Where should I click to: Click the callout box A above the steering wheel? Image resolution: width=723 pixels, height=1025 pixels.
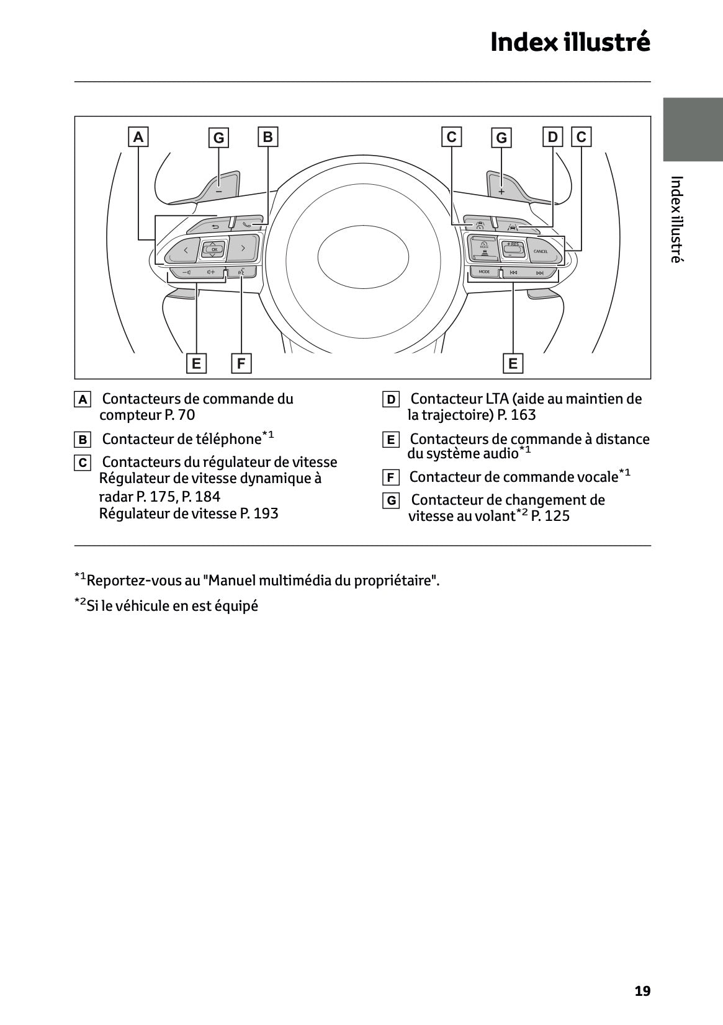pos(138,136)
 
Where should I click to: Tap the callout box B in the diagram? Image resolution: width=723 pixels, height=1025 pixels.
pos(267,136)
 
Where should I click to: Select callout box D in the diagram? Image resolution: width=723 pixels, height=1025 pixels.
pos(552,136)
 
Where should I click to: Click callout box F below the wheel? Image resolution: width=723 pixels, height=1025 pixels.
pos(241,363)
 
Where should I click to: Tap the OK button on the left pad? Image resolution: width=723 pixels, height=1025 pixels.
pos(213,249)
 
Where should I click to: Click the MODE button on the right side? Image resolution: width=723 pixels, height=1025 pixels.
pos(484,272)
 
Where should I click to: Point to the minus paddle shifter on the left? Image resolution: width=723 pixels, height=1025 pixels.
pos(219,188)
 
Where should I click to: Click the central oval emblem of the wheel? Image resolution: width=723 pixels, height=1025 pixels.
pos(363,255)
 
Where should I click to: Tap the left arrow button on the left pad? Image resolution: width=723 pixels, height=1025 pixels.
pos(186,250)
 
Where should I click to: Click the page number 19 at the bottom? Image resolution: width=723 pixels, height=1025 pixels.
pos(642,991)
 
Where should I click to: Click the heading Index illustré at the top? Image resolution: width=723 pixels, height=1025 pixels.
pos(570,42)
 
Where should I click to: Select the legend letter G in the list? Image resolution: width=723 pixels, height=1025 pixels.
pos(391,500)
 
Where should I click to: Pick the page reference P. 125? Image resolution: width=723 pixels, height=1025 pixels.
pos(550,516)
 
